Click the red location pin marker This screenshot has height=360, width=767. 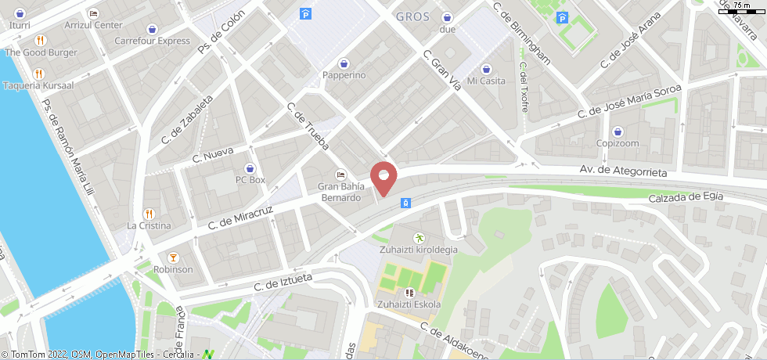pyautogui.click(x=383, y=177)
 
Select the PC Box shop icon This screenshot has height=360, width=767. pyautogui.click(x=250, y=168)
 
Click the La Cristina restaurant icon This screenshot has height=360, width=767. pyautogui.click(x=149, y=214)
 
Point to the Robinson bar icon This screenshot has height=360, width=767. pyautogui.click(x=173, y=257)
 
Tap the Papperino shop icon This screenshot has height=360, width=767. pyautogui.click(x=344, y=63)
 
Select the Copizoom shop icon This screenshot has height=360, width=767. pyautogui.click(x=618, y=131)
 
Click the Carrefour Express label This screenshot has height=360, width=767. pyautogui.click(x=152, y=41)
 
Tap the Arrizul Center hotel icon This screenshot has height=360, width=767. pyautogui.click(x=93, y=14)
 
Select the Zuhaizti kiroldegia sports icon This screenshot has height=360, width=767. pyautogui.click(x=419, y=237)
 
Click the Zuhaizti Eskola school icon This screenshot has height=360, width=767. pyautogui.click(x=408, y=293)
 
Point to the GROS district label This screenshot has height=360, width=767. pyautogui.click(x=413, y=16)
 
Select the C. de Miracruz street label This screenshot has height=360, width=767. pyautogui.click(x=239, y=219)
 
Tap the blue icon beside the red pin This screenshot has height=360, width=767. pyautogui.click(x=406, y=203)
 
